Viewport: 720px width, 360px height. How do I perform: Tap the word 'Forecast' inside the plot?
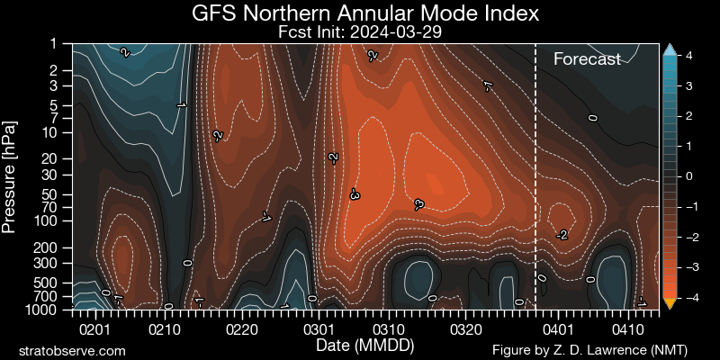[x=587, y=59]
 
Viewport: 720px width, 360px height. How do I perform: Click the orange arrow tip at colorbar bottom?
[x=669, y=303]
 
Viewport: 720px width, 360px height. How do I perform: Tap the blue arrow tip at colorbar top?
[x=669, y=49]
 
